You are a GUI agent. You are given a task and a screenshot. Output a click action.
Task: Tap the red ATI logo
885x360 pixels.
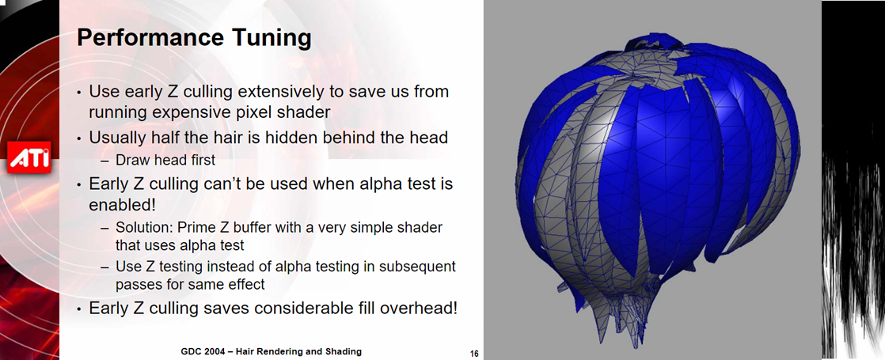tap(29, 157)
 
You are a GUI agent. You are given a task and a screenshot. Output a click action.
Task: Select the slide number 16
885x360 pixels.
tap(474, 354)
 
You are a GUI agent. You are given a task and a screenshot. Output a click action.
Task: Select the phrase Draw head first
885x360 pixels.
tap(165, 161)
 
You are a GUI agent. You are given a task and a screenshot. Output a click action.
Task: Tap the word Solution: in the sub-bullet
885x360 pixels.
tap(144, 227)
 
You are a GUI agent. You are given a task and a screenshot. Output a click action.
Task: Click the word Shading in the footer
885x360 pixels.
tap(345, 351)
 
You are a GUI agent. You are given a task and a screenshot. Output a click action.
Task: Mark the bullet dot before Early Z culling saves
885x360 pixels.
tap(80, 309)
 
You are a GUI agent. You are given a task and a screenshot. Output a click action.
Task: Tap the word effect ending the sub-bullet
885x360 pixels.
tap(246, 284)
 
